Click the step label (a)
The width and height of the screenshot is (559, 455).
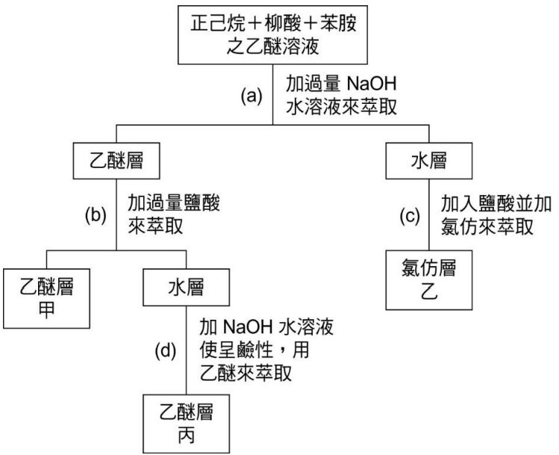click(x=252, y=96)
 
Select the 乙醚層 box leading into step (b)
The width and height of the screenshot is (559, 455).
click(x=117, y=161)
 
